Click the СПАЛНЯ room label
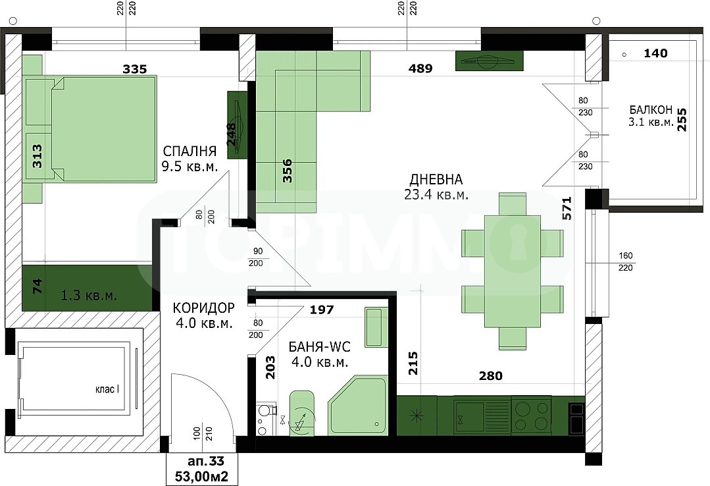click(x=190, y=151)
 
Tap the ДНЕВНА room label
click(x=436, y=180)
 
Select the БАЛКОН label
click(x=651, y=110)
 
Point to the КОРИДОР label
click(x=204, y=308)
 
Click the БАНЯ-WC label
click(x=320, y=347)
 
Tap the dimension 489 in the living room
click(x=420, y=68)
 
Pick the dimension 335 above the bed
click(x=135, y=69)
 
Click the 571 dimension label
click(x=567, y=208)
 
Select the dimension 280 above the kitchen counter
click(x=491, y=376)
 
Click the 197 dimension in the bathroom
click(x=322, y=310)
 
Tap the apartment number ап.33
click(x=206, y=462)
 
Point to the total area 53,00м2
click(x=201, y=477)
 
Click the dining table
click(x=513, y=271)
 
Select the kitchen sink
click(x=469, y=417)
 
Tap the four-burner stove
click(x=531, y=416)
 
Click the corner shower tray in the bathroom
click(x=358, y=405)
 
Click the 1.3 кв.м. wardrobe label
click(x=89, y=296)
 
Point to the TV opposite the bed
click(x=238, y=125)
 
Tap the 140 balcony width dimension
click(x=655, y=53)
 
